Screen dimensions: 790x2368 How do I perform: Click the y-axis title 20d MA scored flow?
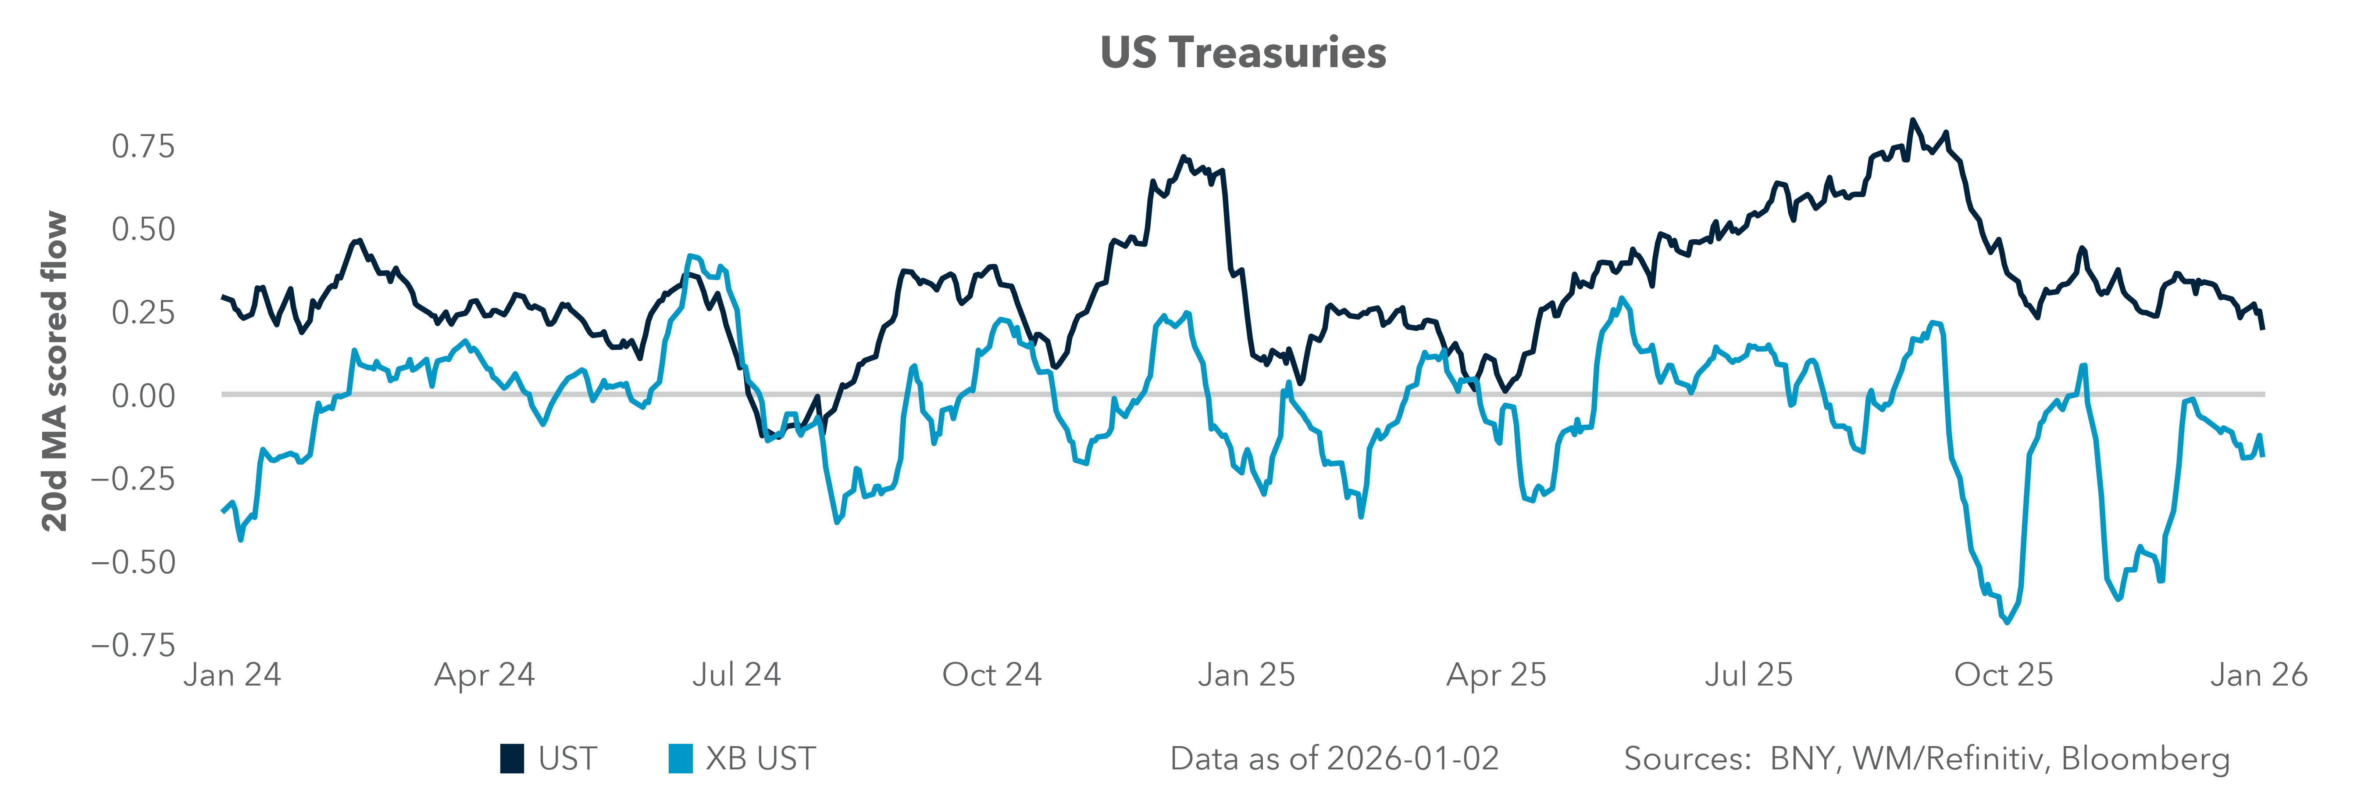tap(55, 372)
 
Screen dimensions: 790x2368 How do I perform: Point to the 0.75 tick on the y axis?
tap(143, 146)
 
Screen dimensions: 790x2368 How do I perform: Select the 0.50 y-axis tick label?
tap(143, 229)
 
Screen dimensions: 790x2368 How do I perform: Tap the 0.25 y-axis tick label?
tap(143, 312)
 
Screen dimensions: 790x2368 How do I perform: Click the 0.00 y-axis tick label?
tap(143, 396)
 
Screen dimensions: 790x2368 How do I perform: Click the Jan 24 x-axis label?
tap(232, 675)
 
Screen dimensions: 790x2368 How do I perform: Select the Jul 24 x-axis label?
tap(736, 675)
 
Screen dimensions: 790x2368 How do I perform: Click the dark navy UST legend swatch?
tap(512, 759)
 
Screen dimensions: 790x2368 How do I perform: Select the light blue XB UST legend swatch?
tap(680, 759)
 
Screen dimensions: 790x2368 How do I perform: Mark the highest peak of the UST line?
tap(1913, 121)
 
